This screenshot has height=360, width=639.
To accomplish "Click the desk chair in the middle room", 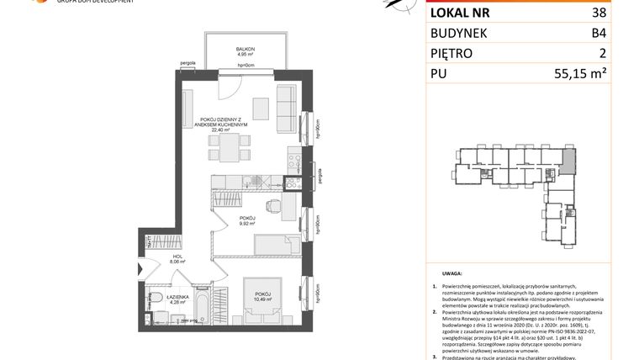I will point(272,206).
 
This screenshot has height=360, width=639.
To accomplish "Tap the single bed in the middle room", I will point(269,244).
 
